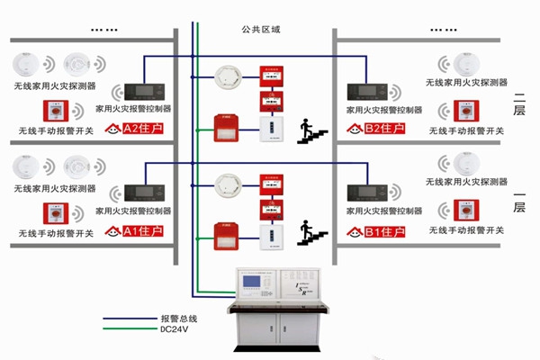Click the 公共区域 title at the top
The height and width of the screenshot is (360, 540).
coord(262,30)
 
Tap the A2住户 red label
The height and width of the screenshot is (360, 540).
coord(136,129)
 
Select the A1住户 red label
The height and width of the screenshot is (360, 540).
coord(136,231)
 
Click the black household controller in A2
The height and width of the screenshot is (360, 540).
coord(145,92)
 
